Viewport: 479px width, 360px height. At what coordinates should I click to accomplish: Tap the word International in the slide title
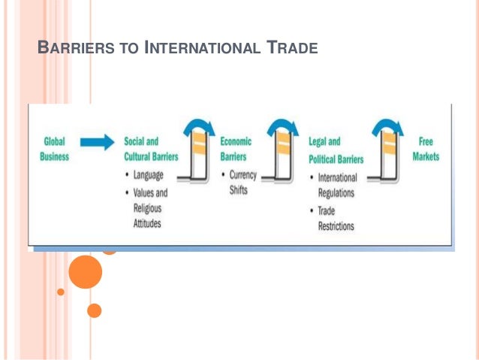coord(205,50)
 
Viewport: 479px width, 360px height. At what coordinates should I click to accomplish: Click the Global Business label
coord(55,149)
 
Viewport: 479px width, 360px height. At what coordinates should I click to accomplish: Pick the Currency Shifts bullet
coord(239,183)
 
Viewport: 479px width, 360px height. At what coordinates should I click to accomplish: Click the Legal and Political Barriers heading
coord(336,150)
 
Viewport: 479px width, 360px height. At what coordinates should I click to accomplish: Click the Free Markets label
coord(425,149)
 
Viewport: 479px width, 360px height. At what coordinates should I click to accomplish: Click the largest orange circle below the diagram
coord(85,271)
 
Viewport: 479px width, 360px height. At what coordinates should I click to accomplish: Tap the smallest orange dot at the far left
coord(61,292)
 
